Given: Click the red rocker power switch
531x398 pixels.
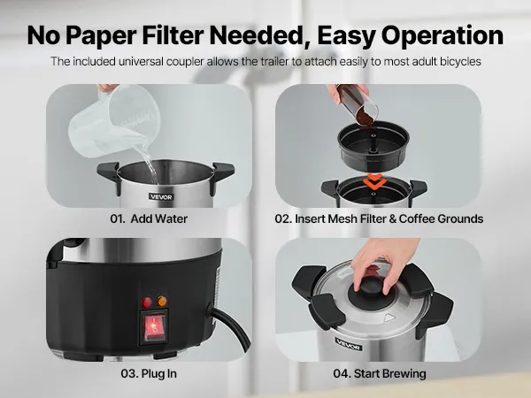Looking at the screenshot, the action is tap(155, 327).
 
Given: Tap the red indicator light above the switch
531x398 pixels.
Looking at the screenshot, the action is tap(147, 302).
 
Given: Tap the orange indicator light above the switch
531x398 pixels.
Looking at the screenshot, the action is tap(162, 301).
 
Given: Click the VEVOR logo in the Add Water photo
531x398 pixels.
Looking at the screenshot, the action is tap(161, 196).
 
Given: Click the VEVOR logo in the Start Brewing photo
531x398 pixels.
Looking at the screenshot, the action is tap(349, 344).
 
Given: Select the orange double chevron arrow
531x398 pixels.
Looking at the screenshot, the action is tap(374, 181).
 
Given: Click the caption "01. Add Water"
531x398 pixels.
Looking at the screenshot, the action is tap(149, 218).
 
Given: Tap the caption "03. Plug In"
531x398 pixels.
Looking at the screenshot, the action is tap(149, 373).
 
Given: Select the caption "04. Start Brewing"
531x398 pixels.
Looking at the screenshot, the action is tap(380, 373).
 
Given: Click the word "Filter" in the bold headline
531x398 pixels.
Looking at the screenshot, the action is tap(173, 35).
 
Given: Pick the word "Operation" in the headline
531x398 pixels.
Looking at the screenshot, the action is tap(442, 36).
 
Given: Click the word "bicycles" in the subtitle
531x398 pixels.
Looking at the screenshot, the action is tap(460, 62).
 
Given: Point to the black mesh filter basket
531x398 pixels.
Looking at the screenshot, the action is tap(373, 146).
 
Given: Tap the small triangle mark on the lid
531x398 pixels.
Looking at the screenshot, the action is tap(389, 318).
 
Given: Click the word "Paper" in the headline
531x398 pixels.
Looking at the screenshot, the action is tap(103, 36).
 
